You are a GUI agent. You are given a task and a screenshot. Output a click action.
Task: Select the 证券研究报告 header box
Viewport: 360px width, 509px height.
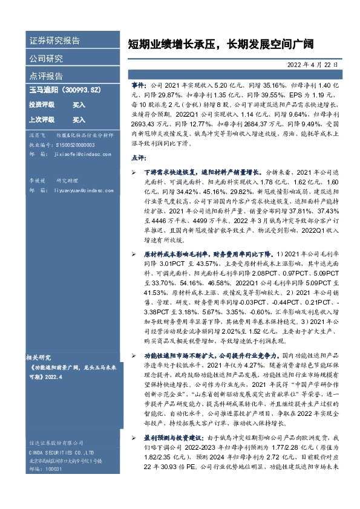coord(54,41)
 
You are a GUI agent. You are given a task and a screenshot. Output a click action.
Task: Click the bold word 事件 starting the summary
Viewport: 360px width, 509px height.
coord(139,86)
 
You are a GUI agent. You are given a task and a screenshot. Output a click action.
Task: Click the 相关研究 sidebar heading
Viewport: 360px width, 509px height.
coord(41,357)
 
